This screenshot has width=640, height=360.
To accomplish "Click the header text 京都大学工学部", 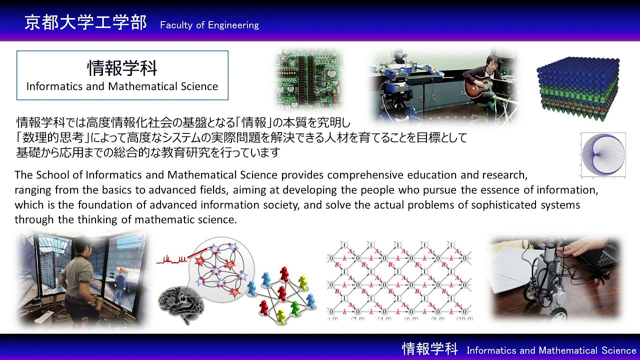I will click(x=85, y=23).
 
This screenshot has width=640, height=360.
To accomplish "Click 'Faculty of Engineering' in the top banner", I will click(x=209, y=25).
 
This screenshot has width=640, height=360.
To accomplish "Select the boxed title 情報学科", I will click(x=122, y=68).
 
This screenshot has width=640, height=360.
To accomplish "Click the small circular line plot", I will click(x=603, y=154).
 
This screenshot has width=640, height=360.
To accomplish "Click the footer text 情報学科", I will click(x=430, y=349).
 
